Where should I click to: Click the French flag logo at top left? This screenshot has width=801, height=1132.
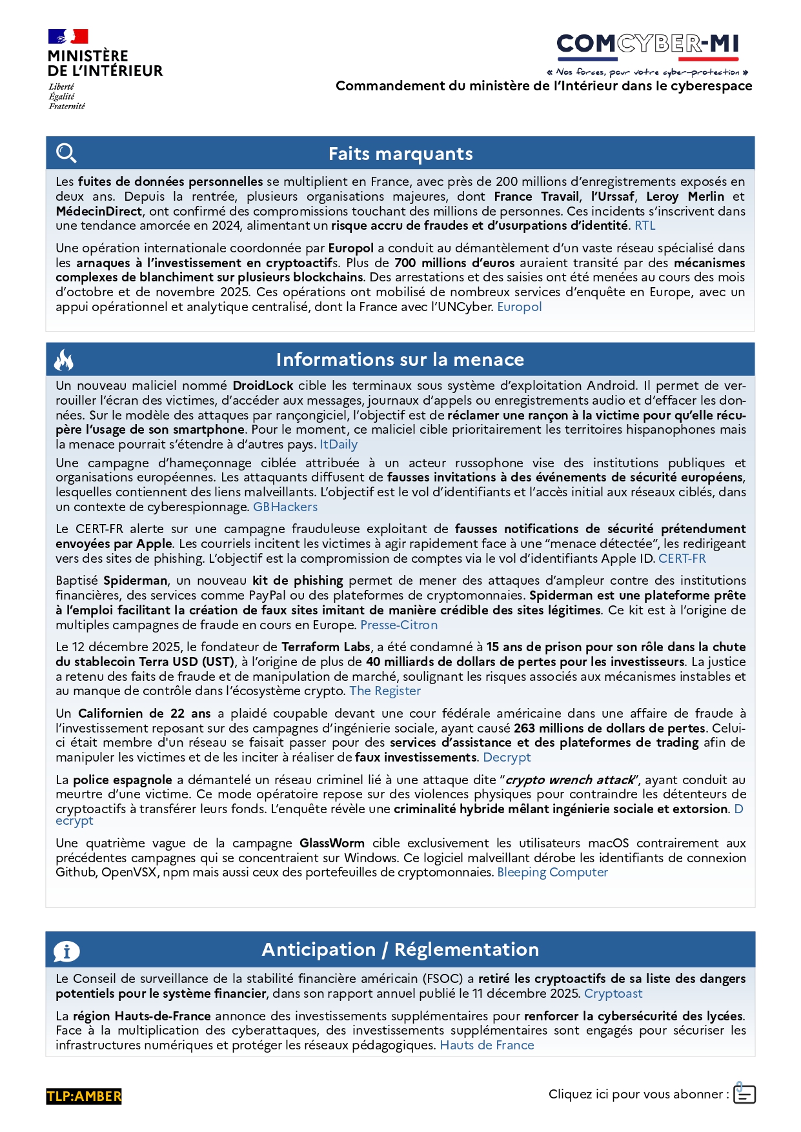pyautogui.click(x=68, y=37)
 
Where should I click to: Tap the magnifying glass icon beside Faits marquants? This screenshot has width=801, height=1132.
pyautogui.click(x=66, y=154)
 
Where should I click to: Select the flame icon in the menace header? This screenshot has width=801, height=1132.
pyautogui.click(x=64, y=360)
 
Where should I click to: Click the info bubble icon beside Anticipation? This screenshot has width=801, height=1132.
pyautogui.click(x=66, y=951)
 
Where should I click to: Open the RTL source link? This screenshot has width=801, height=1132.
pyautogui.click(x=645, y=226)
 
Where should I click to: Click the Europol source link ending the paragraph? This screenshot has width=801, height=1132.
pyautogui.click(x=519, y=307)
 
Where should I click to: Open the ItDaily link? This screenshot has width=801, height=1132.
pyautogui.click(x=338, y=445)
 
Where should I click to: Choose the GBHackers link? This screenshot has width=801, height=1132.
pyautogui.click(x=285, y=507)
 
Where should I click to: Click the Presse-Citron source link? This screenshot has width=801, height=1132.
pyautogui.click(x=399, y=625)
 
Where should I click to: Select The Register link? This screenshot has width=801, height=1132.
pyautogui.click(x=385, y=691)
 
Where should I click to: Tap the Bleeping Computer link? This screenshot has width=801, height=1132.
pyautogui.click(x=553, y=873)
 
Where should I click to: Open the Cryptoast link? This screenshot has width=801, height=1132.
pyautogui.click(x=613, y=994)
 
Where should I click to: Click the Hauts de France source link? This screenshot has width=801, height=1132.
pyautogui.click(x=487, y=1046)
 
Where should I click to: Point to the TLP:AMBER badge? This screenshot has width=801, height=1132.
pyautogui.click(x=84, y=1097)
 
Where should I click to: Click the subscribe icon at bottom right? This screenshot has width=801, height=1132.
pyautogui.click(x=744, y=1094)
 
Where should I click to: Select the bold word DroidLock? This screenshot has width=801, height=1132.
pyautogui.click(x=263, y=386)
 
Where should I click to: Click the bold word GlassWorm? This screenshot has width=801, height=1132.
pyautogui.click(x=332, y=844)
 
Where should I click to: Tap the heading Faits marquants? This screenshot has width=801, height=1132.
pyautogui.click(x=400, y=154)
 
